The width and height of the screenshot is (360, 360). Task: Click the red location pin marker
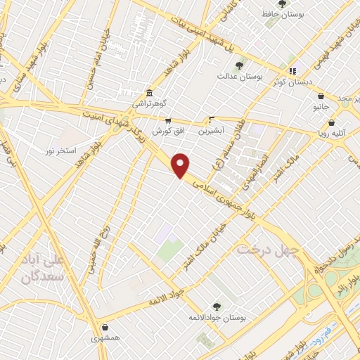pyautogui.click(x=181, y=165)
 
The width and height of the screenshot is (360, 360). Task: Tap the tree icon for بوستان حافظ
pyautogui.click(x=283, y=4)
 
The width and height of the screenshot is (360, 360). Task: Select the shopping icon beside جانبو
pyautogui.click(x=321, y=96)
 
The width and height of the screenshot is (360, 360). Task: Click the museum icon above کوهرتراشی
pyautogui.click(x=149, y=94)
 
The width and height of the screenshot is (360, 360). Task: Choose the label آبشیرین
pyautogui.click(x=211, y=130)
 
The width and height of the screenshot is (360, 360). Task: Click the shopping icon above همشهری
pyautogui.click(x=105, y=327)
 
